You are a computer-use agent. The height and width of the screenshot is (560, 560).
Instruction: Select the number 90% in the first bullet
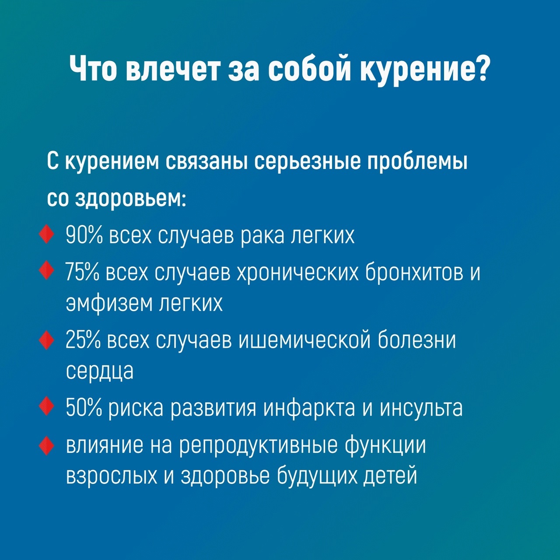click(x=84, y=235)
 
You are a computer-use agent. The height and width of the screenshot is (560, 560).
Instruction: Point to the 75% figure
click(x=82, y=273)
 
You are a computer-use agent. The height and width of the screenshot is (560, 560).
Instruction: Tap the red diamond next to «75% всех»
click(x=46, y=271)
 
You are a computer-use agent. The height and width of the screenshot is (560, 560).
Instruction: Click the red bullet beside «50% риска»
click(x=46, y=407)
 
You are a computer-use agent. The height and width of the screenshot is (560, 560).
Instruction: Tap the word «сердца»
click(x=100, y=371)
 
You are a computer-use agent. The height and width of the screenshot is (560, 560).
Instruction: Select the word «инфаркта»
click(x=309, y=408)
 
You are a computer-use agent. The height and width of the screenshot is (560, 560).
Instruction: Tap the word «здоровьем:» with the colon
click(x=130, y=199)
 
